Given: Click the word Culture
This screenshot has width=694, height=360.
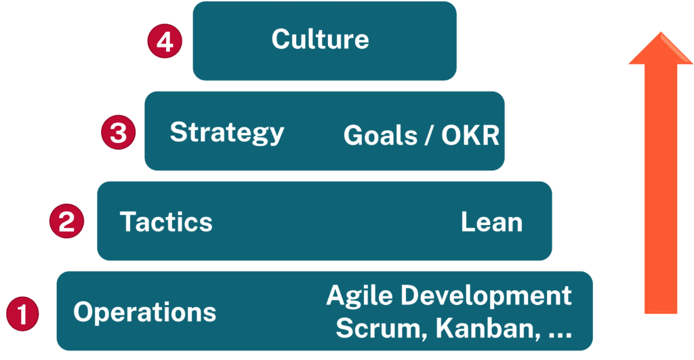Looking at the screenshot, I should [320, 39].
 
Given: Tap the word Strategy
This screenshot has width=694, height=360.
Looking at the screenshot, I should [226, 132].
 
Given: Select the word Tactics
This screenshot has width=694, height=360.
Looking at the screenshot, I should [166, 222].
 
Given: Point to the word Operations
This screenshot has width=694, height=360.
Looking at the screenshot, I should [144, 313].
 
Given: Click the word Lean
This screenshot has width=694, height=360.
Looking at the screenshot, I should [491, 222].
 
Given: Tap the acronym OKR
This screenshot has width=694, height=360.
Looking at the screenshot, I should [470, 136].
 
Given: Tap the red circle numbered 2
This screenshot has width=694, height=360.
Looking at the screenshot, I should [66, 222].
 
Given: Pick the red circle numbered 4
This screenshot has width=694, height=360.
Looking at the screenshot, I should [165, 42].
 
